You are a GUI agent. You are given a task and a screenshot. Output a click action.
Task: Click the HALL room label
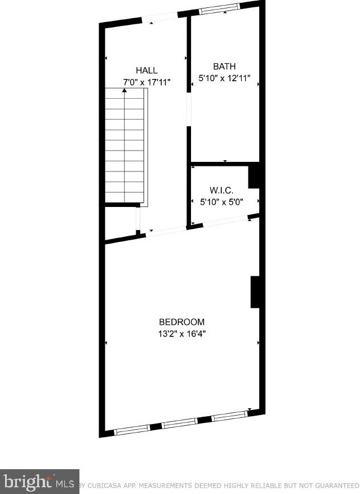coord(146,70)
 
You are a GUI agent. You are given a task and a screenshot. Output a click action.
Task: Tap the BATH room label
coord(224,66)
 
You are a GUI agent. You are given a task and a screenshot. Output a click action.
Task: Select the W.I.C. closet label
coord(221,190)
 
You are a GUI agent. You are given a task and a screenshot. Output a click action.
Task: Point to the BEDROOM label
coord(181,322)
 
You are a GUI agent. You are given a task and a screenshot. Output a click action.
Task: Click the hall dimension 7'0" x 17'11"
coord(146,82)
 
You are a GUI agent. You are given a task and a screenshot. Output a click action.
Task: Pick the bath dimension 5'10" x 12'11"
coord(224,78)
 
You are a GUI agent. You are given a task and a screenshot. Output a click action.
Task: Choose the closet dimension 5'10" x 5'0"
coord(221,202)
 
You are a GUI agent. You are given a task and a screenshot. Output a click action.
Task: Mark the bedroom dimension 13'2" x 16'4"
coord(181,334)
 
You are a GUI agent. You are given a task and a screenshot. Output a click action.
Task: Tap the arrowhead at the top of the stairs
coord(125,90)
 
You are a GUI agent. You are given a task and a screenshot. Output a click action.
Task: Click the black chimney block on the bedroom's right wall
coord(255,292)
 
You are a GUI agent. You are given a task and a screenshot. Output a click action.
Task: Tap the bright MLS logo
coord(39,482)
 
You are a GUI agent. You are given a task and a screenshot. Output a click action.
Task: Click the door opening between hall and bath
coord(189,109)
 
